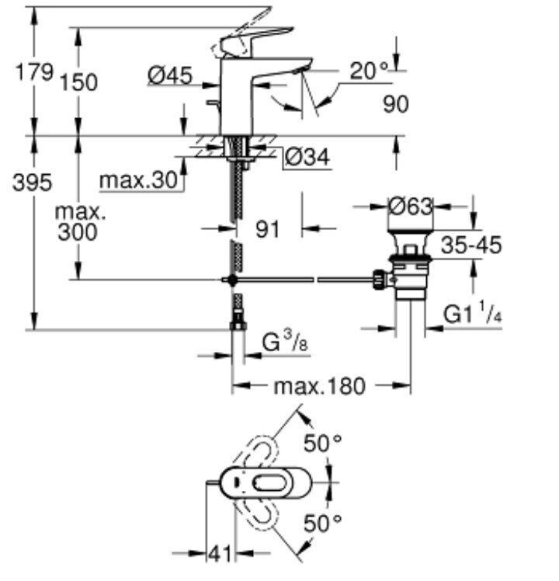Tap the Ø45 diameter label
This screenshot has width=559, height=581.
point(169,75)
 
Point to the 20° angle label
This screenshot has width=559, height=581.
point(367,71)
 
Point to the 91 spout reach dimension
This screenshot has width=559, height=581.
point(268,229)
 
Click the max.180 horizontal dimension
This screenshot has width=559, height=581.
point(321,386)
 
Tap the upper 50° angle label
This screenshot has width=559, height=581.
point(321,445)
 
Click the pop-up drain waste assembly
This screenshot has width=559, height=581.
point(408,264)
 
